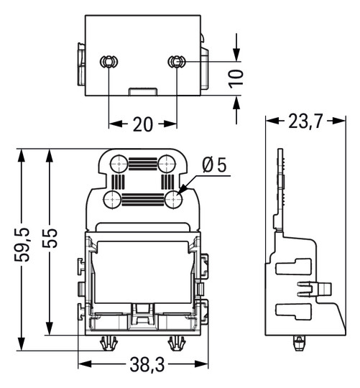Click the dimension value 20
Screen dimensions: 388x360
click(143, 124)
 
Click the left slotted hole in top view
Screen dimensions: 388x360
click(108, 63)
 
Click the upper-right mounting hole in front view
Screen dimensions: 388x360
click(166, 165)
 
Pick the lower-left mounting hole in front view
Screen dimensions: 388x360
click(112, 199)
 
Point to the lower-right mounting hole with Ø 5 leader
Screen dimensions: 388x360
click(172, 199)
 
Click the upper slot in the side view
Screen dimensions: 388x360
click(294, 267)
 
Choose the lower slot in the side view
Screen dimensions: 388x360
click(294, 313)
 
